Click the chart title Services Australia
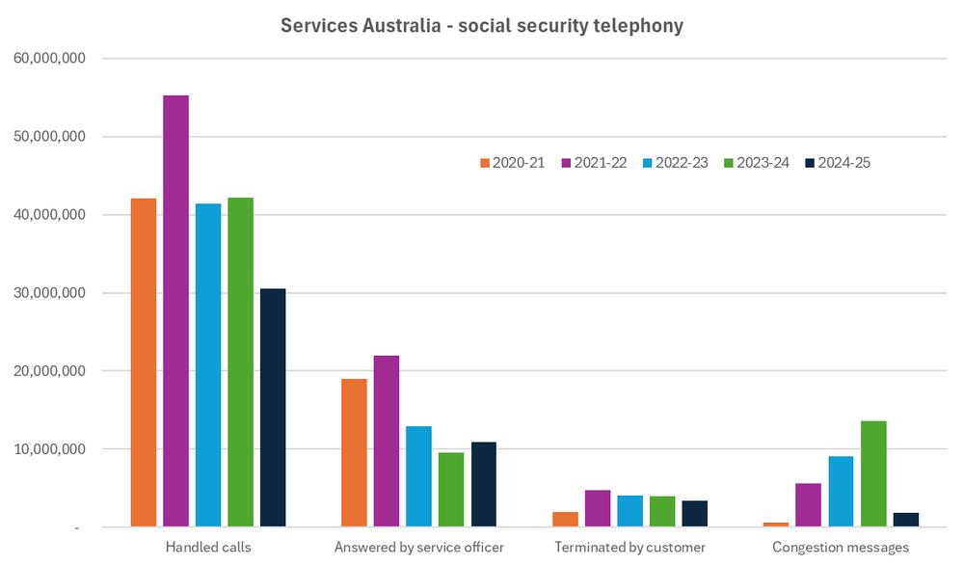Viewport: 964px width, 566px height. point(481,26)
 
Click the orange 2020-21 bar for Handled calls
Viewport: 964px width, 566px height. point(144,363)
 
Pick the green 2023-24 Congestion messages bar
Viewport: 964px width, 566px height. point(873,473)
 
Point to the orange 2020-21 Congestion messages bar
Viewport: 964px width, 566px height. point(777,525)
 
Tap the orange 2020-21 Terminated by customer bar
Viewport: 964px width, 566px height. point(566,520)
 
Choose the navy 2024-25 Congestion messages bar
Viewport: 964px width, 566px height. point(906,520)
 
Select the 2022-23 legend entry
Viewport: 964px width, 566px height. point(675,163)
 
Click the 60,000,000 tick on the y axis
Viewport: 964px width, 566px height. point(50,59)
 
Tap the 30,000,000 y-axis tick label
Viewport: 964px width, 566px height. point(50,293)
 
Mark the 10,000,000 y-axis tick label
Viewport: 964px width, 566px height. point(50,449)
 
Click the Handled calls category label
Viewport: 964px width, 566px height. point(208,548)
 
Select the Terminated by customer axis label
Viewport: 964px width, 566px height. point(629,548)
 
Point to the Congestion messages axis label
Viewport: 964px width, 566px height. point(841,548)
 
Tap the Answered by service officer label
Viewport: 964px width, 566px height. point(418,548)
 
